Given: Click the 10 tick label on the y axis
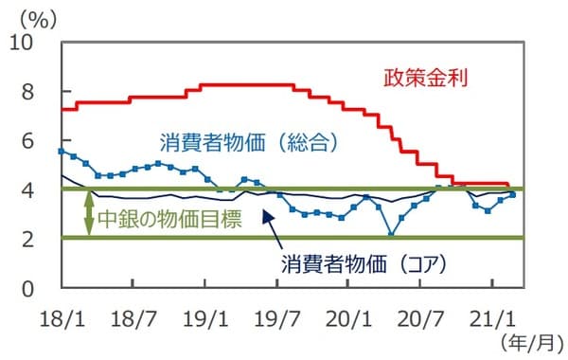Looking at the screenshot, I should (x=22, y=43).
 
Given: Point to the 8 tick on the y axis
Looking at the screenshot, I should (x=27, y=92).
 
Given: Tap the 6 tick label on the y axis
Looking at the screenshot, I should (x=27, y=141).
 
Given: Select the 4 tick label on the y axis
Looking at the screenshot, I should (x=27, y=190).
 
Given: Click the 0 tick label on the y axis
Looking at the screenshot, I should (x=27, y=288).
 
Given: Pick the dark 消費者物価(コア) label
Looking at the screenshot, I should (x=363, y=259).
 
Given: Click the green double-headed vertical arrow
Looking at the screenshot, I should (x=89, y=214).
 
